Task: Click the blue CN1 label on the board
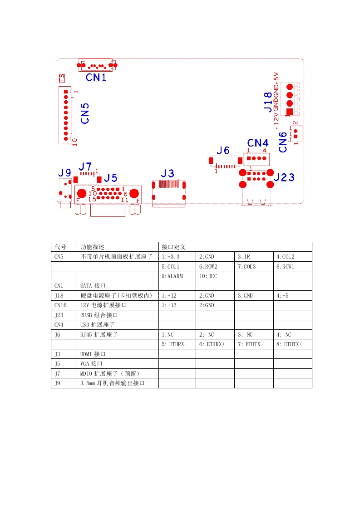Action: click(x=96, y=78)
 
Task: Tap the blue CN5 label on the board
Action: click(x=85, y=113)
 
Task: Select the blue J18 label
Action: click(x=268, y=102)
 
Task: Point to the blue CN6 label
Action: click(x=283, y=142)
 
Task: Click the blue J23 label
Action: click(x=284, y=177)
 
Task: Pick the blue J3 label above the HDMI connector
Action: click(x=168, y=173)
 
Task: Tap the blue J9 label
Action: click(x=64, y=172)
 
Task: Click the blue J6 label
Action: click(x=223, y=151)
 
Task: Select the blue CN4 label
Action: click(x=258, y=143)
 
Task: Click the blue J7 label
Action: click(x=85, y=166)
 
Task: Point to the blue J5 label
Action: click(x=111, y=177)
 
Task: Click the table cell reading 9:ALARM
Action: click(x=172, y=276)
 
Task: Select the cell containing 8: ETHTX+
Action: click(x=289, y=344)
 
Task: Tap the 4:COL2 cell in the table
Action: click(x=285, y=257)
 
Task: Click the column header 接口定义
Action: click(x=173, y=247)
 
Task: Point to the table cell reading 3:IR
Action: click(x=244, y=257)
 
